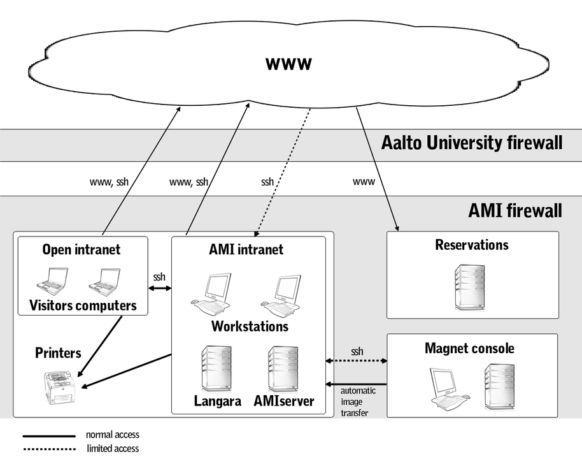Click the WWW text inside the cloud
coord(288,64)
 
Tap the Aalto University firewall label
coord(472,142)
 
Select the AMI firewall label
coord(515,210)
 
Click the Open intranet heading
coord(81,249)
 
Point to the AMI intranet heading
coord(246,249)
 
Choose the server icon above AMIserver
coord(283,368)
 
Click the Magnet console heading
coord(469,349)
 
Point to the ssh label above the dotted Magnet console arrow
coord(357,351)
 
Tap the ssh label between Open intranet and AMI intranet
coord(159,277)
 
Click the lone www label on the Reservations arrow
coord(364,182)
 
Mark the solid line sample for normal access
coord(49,436)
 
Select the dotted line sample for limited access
coord(49,449)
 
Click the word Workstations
coord(250,326)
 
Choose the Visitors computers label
coord(83,305)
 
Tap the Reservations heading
coord(472,245)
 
